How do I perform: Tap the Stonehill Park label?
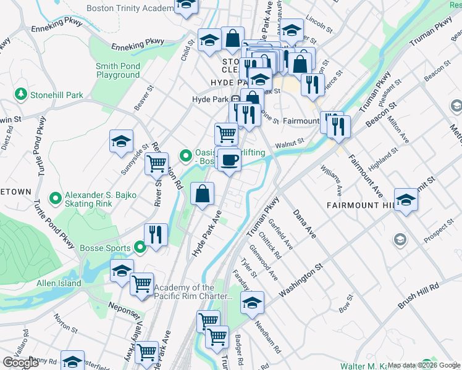(57, 96)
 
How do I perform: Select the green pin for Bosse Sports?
(140, 249)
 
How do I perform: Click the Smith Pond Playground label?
(117, 71)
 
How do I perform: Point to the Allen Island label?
(59, 282)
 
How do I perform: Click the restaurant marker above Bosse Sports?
(156, 235)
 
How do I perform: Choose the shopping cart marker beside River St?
(156, 165)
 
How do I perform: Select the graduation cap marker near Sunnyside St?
(121, 141)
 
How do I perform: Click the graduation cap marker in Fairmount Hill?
(406, 200)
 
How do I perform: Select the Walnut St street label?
(290, 142)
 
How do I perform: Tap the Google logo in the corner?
(21, 363)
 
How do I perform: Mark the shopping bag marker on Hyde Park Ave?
(202, 194)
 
